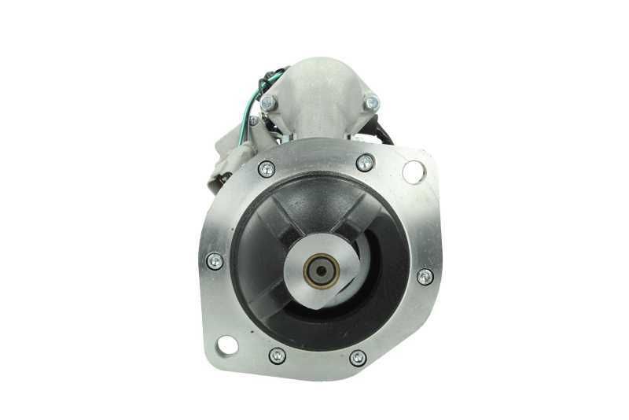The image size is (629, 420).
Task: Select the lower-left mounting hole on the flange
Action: pos(226,344)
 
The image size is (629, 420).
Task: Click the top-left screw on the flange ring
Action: pos(267,168)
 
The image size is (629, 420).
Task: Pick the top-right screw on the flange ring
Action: pos(364,163)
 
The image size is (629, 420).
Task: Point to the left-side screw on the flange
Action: pos(214,260)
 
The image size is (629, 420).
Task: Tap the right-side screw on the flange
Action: pos(425,276)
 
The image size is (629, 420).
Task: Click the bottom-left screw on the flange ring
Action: pos(277,356)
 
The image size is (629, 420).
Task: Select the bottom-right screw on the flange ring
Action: pos(358,358)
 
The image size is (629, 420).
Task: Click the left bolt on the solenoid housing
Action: pos(269,102)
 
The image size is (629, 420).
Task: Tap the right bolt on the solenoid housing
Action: pos(371,101)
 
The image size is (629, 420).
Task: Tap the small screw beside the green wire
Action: pos(254,121)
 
